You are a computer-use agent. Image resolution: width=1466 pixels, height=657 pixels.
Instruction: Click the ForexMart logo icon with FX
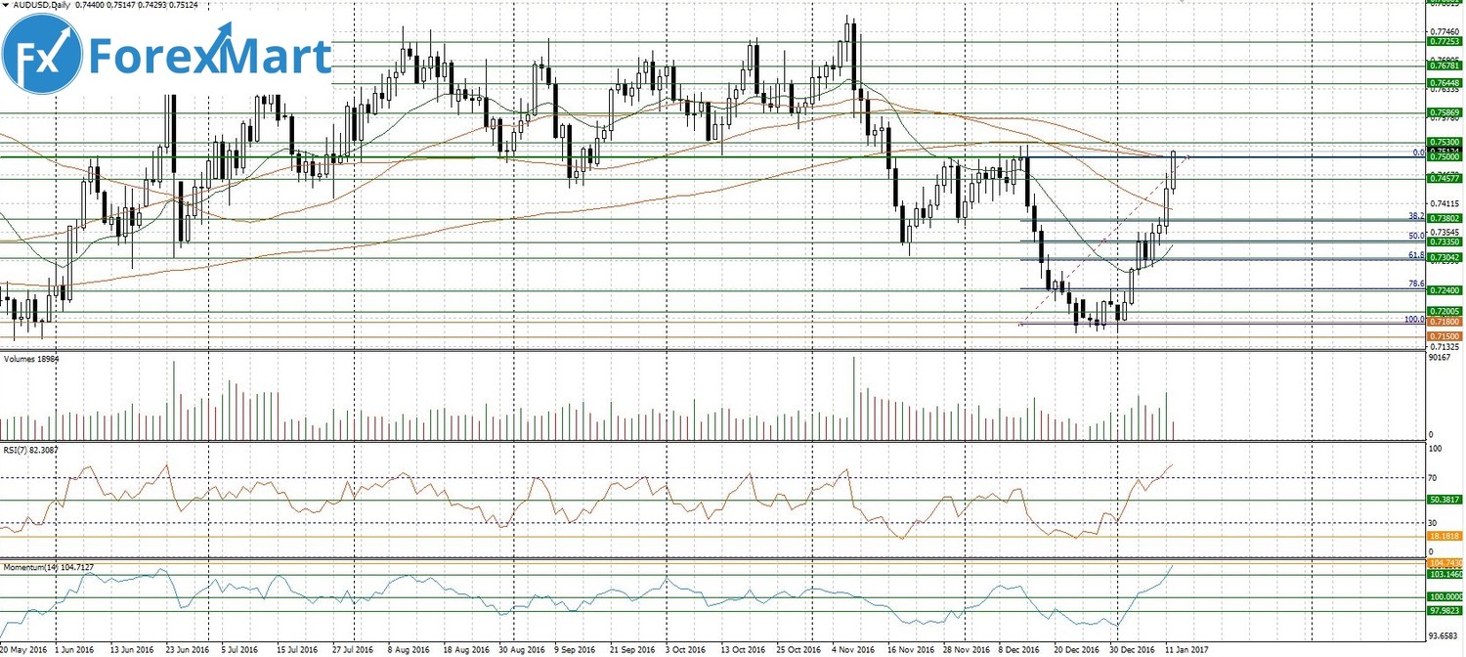[41, 55]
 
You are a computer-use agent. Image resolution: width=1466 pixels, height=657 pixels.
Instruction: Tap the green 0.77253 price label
[1445, 42]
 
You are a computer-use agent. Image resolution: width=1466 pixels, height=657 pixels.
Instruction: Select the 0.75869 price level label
[1445, 113]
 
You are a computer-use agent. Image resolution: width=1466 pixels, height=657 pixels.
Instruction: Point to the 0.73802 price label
[1445, 219]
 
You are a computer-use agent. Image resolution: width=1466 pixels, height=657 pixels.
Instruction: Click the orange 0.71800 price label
[1445, 322]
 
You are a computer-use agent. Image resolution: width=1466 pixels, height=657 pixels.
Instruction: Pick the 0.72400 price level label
[1445, 291]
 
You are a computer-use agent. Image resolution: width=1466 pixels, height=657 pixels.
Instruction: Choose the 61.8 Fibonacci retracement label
[1415, 254]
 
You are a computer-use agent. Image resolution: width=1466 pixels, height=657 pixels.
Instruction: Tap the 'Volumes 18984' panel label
[31, 358]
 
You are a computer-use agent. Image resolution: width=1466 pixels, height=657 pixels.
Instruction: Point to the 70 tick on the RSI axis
[1433, 478]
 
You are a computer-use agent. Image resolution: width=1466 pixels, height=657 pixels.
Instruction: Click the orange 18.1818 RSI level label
[1445, 537]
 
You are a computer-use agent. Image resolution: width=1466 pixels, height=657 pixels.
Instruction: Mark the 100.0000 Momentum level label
[1445, 597]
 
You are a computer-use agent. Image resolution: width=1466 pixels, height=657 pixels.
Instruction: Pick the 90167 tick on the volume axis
[1439, 358]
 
